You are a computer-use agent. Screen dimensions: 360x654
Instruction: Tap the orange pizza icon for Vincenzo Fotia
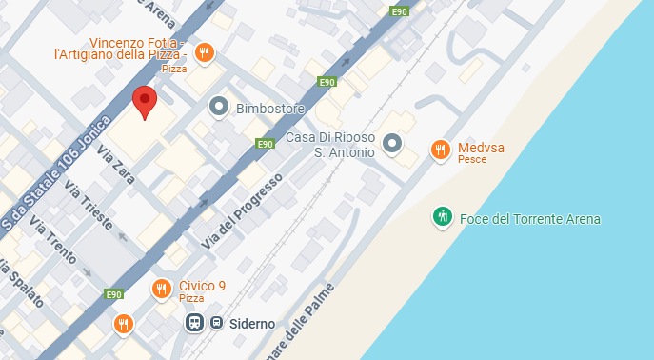click(203, 53)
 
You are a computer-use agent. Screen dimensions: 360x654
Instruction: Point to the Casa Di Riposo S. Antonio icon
click(392, 145)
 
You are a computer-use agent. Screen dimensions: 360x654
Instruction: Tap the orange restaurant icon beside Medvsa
click(440, 149)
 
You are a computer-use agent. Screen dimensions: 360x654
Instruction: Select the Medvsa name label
click(481, 148)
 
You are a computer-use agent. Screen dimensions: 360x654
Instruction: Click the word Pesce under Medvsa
click(471, 160)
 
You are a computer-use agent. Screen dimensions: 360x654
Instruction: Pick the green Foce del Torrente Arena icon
click(442, 217)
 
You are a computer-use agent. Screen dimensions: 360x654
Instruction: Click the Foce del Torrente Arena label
click(530, 219)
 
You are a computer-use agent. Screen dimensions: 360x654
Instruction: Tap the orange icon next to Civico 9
click(162, 289)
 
